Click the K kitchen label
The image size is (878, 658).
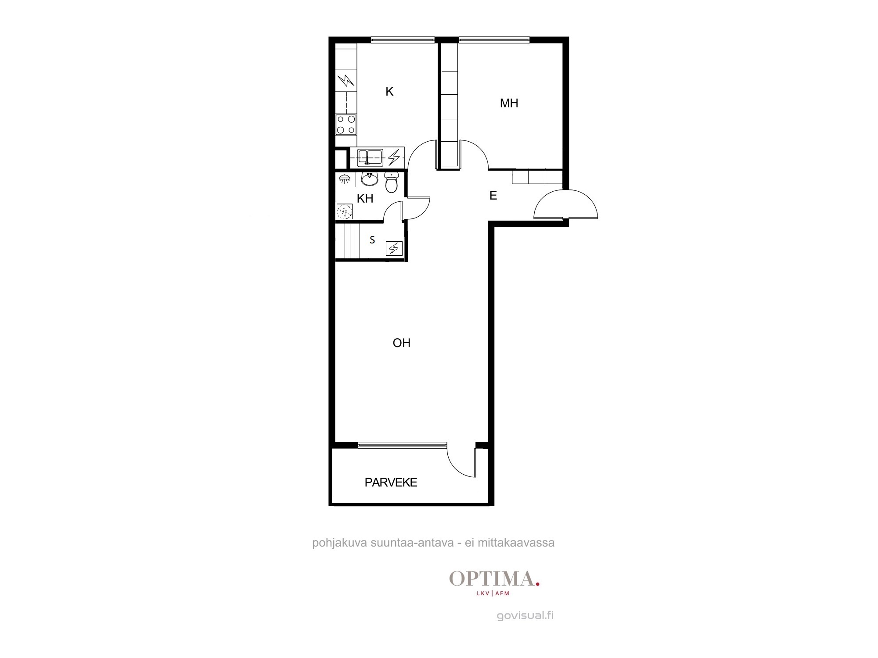click(x=389, y=92)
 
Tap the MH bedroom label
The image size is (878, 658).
click(x=509, y=103)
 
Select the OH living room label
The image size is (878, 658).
click(x=402, y=343)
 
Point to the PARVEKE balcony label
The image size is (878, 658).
click(x=391, y=483)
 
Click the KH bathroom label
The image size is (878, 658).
click(x=365, y=198)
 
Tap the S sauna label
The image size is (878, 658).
click(x=372, y=240)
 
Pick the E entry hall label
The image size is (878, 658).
click(x=493, y=196)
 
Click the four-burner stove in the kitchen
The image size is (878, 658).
click(x=346, y=125)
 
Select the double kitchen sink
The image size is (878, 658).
click(x=370, y=157)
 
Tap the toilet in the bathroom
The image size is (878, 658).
click(x=391, y=182)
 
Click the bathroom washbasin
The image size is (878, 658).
click(x=370, y=179)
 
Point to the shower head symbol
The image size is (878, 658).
click(x=345, y=178)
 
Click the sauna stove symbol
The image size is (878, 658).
click(x=394, y=249)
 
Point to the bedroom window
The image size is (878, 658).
click(x=494, y=40)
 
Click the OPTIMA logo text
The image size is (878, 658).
click(x=494, y=579)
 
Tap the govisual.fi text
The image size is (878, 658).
click(x=525, y=615)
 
